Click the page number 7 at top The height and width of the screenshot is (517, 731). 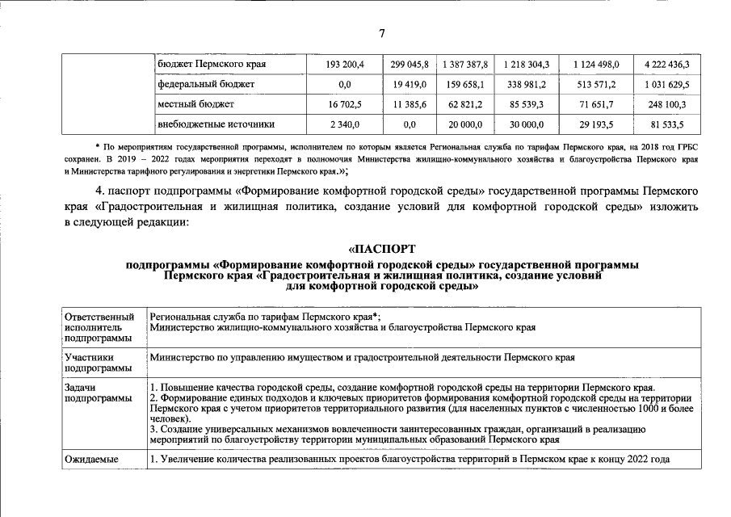pyautogui.click(x=381, y=32)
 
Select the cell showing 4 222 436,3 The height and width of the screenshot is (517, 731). pyautogui.click(x=667, y=63)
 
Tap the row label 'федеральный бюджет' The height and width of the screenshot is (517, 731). pyautogui.click(x=206, y=84)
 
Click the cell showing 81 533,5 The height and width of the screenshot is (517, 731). pyautogui.click(x=667, y=124)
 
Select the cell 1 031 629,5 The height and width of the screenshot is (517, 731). pyautogui.click(x=667, y=84)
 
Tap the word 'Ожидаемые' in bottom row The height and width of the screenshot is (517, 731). pyautogui.click(x=91, y=459)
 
